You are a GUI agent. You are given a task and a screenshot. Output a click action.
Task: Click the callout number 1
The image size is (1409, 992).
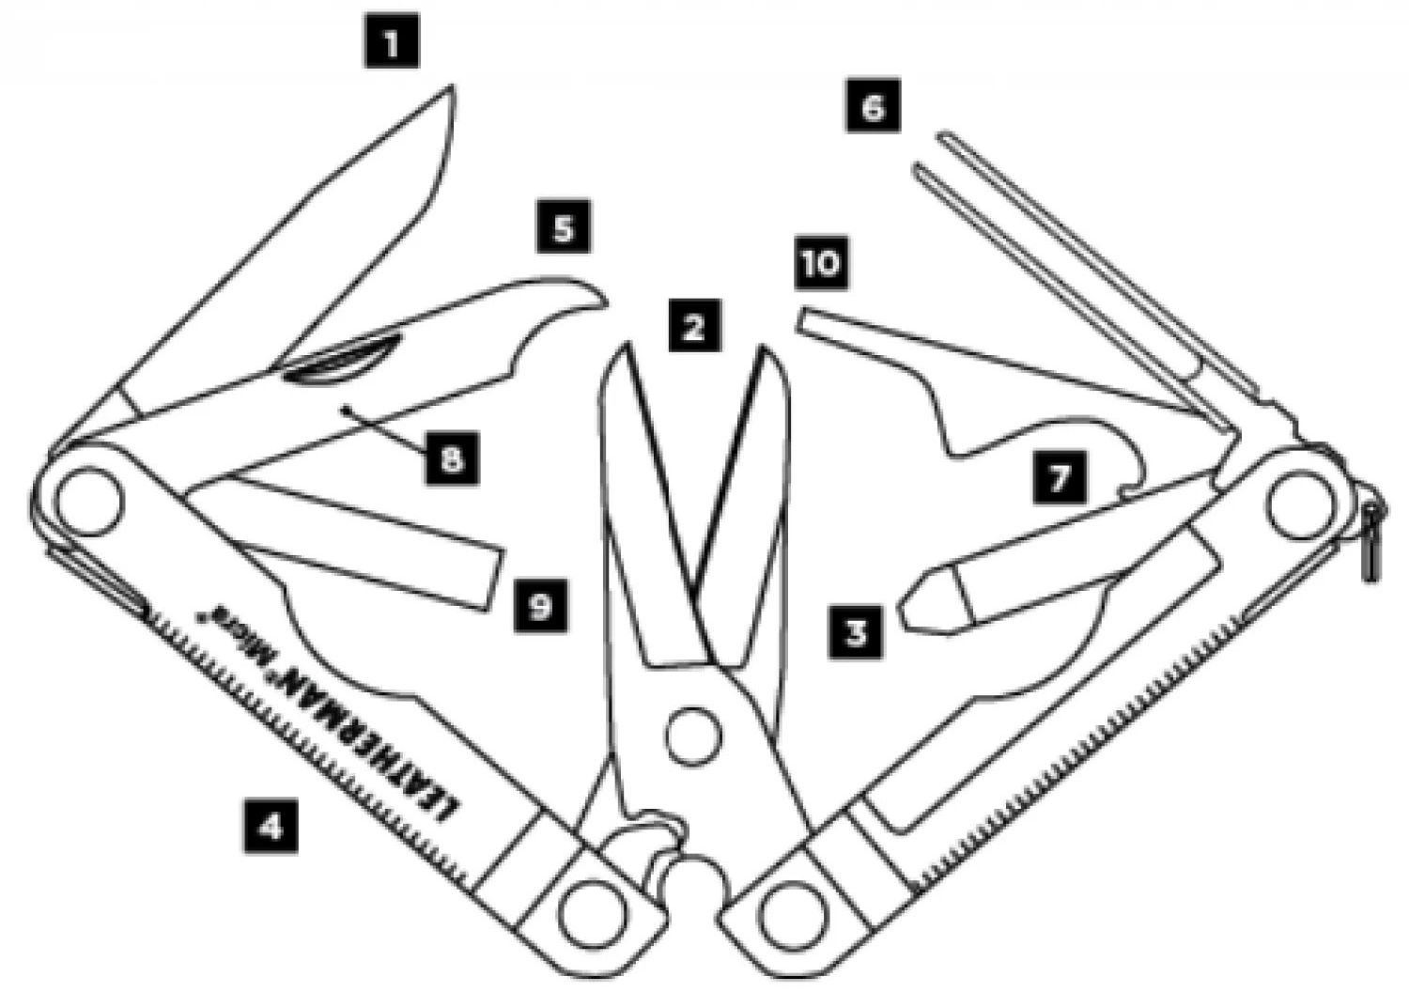pyautogui.click(x=392, y=42)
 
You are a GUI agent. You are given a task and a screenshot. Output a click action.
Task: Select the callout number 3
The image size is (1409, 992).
pyautogui.click(x=856, y=631)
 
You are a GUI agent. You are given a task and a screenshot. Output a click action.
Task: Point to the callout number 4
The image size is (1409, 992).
pyautogui.click(x=271, y=826)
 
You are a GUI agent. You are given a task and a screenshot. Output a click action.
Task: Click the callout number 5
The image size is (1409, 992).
pyautogui.click(x=564, y=227)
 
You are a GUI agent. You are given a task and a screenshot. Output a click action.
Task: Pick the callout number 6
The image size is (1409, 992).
pyautogui.click(x=873, y=106)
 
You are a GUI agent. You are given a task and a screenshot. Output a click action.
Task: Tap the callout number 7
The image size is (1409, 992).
pyautogui.click(x=1059, y=478)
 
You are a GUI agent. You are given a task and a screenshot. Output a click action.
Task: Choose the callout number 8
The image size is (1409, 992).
pyautogui.click(x=452, y=458)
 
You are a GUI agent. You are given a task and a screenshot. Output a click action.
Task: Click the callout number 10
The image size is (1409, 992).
pyautogui.click(x=821, y=262)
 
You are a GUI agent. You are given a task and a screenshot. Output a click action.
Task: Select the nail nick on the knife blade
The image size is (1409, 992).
pyautogui.click(x=343, y=360)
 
